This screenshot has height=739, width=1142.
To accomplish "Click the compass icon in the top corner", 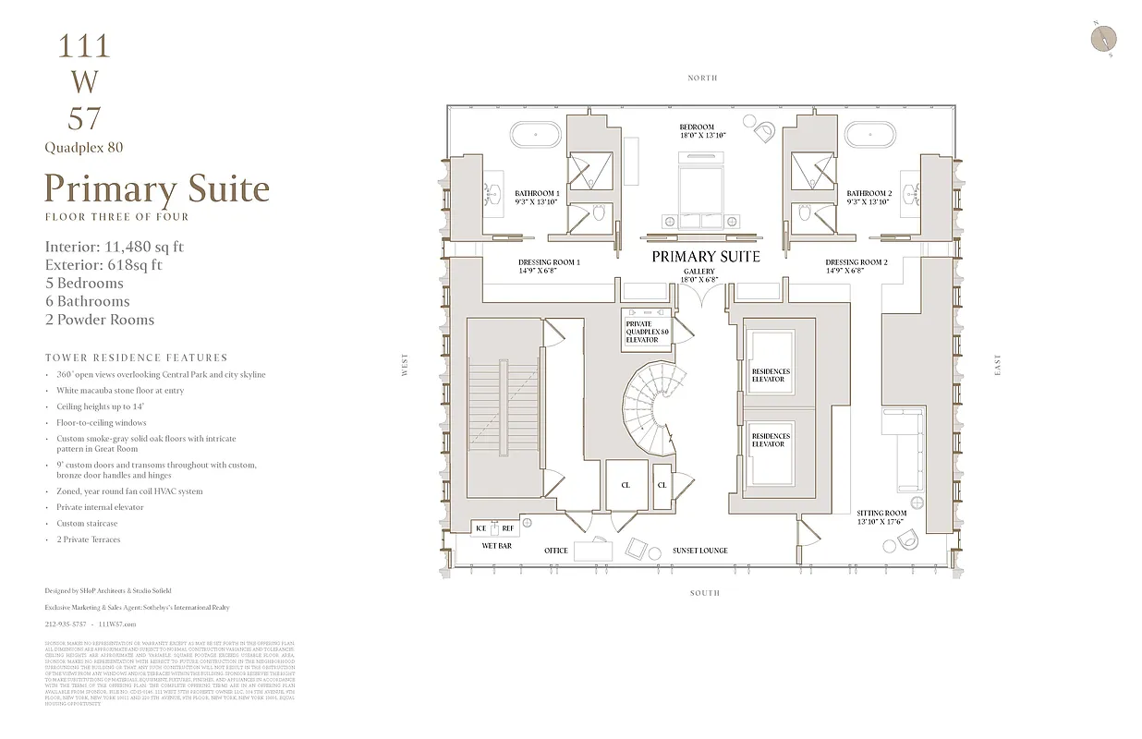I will pyautogui.click(x=1103, y=38).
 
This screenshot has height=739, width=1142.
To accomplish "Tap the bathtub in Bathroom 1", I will pyautogui.click(x=535, y=135).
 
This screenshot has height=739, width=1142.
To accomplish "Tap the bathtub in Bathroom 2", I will pyautogui.click(x=871, y=135).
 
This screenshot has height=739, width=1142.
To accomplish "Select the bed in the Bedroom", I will pyautogui.click(x=703, y=189).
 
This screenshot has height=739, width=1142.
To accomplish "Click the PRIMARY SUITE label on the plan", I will pyautogui.click(x=706, y=257).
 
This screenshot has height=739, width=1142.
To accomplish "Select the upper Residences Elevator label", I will pyautogui.click(x=771, y=375).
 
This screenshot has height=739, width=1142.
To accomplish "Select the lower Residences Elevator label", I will pyautogui.click(x=771, y=440).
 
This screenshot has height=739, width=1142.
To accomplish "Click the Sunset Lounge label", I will pyautogui.click(x=699, y=551).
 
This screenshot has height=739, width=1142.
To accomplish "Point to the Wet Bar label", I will pyautogui.click(x=496, y=546).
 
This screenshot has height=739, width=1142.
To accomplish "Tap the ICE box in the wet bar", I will pyautogui.click(x=480, y=528).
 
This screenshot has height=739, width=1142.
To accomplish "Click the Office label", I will pyautogui.click(x=556, y=551).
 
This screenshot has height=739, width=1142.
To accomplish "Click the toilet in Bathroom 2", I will pyautogui.click(x=805, y=214).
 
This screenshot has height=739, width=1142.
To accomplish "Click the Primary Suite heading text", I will pyautogui.click(x=157, y=189).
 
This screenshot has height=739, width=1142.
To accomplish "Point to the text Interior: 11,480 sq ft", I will pyautogui.click(x=115, y=247).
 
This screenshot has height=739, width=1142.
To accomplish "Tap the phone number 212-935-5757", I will pyautogui.click(x=65, y=624).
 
